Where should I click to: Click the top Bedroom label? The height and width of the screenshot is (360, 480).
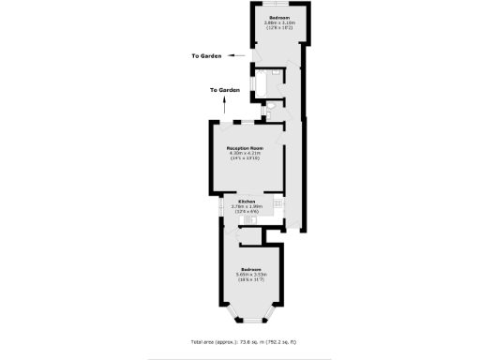278,18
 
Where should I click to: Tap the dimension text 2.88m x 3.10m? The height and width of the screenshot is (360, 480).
278,23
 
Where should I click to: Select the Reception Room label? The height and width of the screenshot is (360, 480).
246,148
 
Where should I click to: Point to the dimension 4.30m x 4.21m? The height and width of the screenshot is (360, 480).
246,154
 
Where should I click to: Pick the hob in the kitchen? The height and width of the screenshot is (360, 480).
278,203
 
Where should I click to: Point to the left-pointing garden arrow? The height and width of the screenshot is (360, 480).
242,56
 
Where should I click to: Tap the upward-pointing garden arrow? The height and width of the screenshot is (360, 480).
224,106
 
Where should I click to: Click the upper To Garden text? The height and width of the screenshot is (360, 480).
207,56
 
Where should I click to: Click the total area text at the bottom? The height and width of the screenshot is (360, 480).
240,342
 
